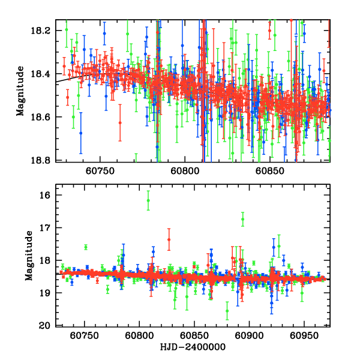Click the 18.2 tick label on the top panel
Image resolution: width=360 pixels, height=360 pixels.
coord(44,31)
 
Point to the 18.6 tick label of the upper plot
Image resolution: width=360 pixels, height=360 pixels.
coord(44,117)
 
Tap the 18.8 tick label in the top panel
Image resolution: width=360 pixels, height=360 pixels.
coord(44,160)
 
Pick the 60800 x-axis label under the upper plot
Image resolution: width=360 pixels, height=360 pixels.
coord(184,170)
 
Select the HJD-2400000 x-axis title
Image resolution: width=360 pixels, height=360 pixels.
coord(193,347)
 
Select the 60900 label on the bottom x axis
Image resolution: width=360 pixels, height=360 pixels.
coord(248,335)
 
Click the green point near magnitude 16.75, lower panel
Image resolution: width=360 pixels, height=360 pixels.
coord(242,220)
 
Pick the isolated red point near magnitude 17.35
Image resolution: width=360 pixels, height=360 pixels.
coord(169,239)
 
